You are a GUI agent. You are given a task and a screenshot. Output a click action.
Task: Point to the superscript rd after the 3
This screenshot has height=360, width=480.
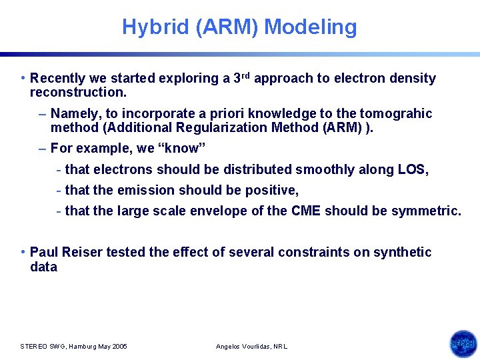[246, 75]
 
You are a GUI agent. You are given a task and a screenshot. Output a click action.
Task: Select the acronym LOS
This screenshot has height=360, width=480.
[412, 170]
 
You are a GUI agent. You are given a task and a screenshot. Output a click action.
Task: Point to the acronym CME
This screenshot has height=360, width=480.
[306, 211]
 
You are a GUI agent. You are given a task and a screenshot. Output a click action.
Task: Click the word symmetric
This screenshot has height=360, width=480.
[425, 211]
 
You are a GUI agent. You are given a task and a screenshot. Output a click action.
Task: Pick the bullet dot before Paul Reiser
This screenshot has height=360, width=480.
[23, 252]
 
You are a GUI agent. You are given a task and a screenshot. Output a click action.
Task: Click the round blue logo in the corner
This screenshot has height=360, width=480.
[463, 343]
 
